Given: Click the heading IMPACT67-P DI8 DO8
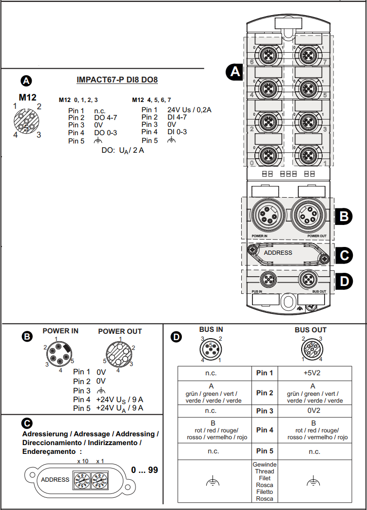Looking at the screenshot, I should click(x=117, y=80).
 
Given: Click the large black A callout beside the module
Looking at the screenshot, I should click(x=235, y=72).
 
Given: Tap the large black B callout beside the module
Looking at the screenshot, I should click(x=345, y=216).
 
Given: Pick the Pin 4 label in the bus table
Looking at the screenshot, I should click(x=265, y=430).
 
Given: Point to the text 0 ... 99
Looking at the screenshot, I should click(x=145, y=470).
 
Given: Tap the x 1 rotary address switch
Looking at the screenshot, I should click(x=100, y=480).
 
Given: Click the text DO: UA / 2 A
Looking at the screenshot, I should click(x=122, y=150).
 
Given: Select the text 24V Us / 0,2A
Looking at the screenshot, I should click(x=189, y=110).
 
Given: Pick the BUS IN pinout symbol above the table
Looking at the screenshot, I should click(x=211, y=349).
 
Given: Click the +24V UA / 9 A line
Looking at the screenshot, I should click(x=119, y=408).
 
